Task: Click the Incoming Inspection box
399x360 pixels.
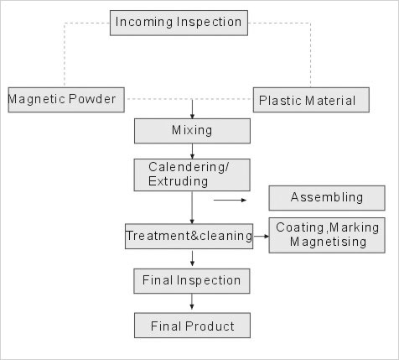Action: (x=179, y=23)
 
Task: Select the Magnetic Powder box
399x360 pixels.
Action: (x=66, y=100)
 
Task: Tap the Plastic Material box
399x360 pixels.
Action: (x=311, y=100)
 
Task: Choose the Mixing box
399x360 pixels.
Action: (x=192, y=131)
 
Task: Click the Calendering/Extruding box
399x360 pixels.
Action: (x=192, y=175)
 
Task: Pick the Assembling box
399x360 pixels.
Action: (x=327, y=198)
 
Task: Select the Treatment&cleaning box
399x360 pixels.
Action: (x=189, y=236)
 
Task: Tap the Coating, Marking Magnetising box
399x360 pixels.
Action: (x=327, y=235)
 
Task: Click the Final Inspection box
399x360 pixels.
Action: (x=192, y=281)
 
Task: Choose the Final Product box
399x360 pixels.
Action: (x=192, y=326)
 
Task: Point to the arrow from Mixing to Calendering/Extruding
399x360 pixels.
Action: (x=192, y=151)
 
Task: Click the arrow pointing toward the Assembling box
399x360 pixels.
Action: (x=230, y=200)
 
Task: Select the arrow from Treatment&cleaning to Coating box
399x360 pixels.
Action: (x=261, y=237)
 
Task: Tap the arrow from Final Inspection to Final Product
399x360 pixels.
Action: (x=192, y=301)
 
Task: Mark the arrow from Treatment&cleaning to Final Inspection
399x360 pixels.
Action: (x=192, y=258)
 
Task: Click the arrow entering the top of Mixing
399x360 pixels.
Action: (x=192, y=109)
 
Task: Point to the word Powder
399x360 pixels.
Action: (x=92, y=99)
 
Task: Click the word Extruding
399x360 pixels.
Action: (x=178, y=181)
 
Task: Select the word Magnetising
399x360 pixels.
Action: (x=328, y=242)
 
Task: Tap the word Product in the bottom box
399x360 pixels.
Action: (x=210, y=326)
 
